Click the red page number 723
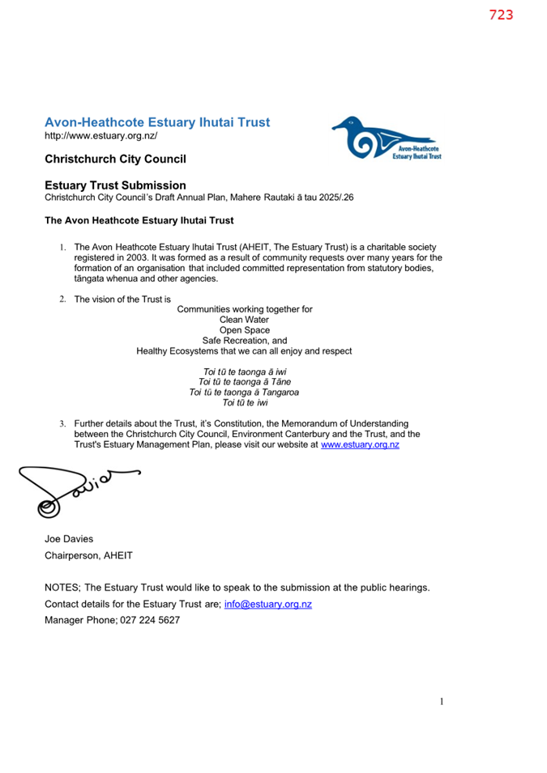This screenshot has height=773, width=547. tap(501, 15)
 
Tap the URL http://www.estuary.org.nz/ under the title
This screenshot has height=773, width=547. tap(100, 136)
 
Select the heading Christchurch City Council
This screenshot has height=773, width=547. tap(115, 159)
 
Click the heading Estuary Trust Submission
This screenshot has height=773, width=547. tap(115, 185)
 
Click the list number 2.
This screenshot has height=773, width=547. tap(62, 299)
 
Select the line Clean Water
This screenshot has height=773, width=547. tap(244, 320)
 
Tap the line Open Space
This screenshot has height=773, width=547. tap(245, 330)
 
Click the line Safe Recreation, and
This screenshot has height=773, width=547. tap(245, 341)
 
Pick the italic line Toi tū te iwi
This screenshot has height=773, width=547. tap(245, 402)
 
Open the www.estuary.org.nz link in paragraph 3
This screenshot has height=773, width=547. tap(360, 444)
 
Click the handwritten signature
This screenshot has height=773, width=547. tap(73, 489)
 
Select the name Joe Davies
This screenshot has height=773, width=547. tap(70, 538)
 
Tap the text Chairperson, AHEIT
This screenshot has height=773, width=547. tap(88, 555)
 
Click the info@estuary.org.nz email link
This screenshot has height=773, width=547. tap(267, 604)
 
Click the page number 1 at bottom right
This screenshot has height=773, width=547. tap(442, 702)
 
